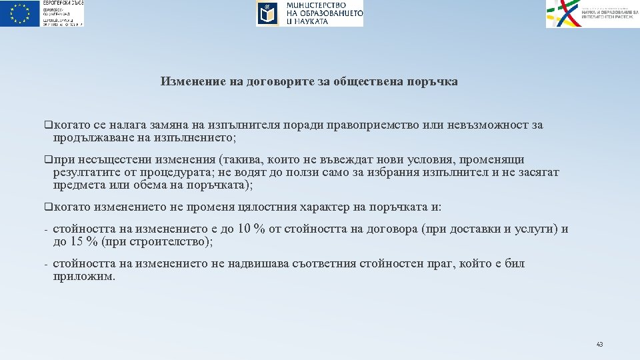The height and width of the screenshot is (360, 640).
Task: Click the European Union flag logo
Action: tap(21, 13)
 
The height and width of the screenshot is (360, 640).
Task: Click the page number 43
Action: tap(599, 345)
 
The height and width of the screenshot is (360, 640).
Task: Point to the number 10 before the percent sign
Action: tap(244, 229)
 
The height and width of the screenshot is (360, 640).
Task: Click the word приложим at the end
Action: tap(84, 277)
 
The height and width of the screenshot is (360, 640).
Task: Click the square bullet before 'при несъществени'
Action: tap(48, 160)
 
